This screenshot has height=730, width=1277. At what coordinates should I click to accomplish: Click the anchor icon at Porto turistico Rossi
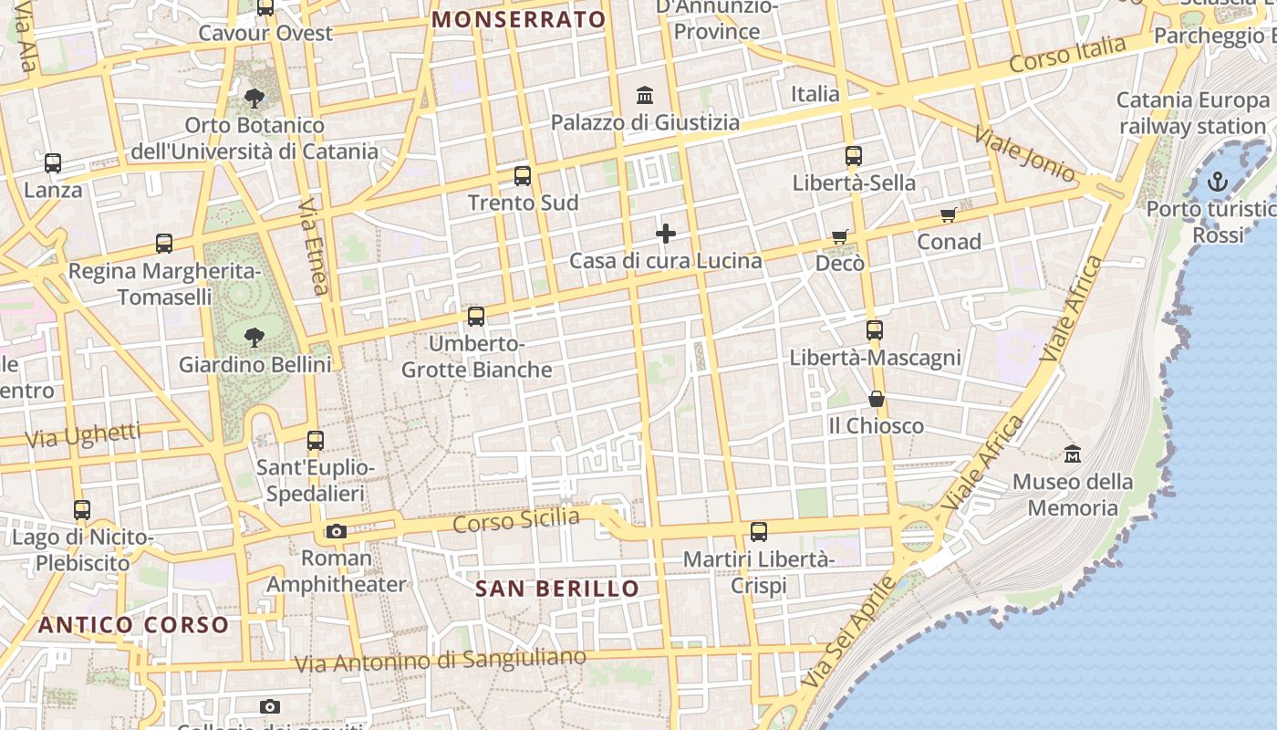tap(1218, 182)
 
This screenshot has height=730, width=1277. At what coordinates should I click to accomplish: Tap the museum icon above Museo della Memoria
tap(1073, 454)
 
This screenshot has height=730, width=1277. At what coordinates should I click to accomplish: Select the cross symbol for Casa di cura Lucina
tap(666, 234)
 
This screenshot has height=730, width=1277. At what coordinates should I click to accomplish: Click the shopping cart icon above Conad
tap(949, 215)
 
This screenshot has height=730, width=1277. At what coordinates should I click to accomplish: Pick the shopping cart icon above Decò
tap(840, 237)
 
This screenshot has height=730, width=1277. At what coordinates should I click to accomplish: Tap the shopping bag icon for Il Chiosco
tap(876, 399)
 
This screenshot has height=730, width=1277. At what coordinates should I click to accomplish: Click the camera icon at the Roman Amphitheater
tap(336, 531)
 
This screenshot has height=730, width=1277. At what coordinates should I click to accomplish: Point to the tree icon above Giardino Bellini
tap(254, 338)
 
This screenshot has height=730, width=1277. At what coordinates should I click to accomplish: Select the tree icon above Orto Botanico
tap(254, 98)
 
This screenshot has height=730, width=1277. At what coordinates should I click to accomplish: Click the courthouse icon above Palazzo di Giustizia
tap(645, 95)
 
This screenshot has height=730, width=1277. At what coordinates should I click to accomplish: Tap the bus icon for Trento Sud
tap(523, 176)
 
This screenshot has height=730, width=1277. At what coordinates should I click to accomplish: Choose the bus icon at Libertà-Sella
tap(854, 156)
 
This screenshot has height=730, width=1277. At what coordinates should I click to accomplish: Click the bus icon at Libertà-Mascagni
tap(875, 329)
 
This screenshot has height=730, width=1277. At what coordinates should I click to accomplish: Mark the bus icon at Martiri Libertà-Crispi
tap(758, 531)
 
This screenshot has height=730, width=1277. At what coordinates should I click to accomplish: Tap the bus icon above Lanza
tap(53, 163)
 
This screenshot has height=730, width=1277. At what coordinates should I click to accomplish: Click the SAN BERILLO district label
tap(557, 589)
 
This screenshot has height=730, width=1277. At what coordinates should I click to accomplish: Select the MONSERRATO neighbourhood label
tap(519, 19)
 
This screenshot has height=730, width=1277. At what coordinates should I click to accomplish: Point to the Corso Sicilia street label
tap(516, 521)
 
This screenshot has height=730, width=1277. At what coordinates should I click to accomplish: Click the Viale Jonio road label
tap(1025, 152)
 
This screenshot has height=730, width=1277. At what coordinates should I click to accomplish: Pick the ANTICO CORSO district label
tap(133, 625)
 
